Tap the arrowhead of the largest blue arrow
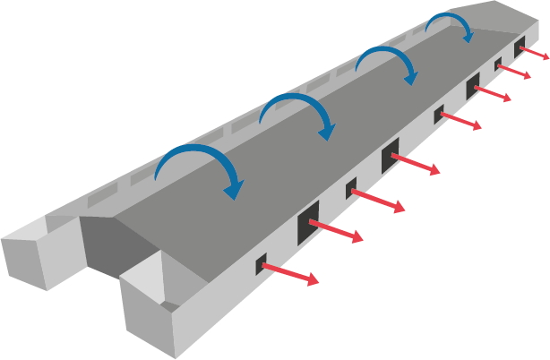pos(235,189)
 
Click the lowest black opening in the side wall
pos(262,263)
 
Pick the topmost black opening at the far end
pos(520,44)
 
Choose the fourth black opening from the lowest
pos(391,157)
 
